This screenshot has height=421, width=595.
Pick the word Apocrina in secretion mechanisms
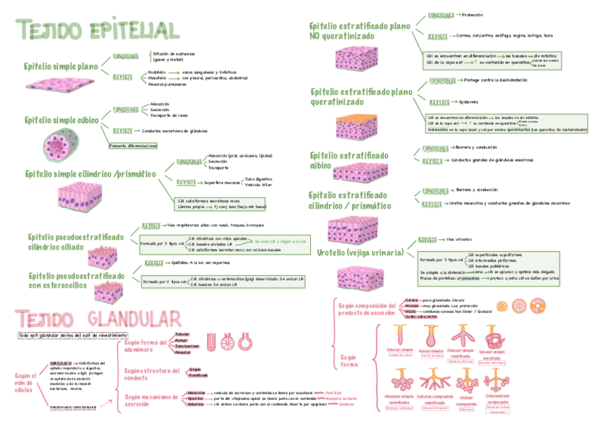coord(196,399)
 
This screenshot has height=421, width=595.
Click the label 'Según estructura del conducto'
coord(151,373)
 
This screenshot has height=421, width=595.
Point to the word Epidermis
coord(469,101)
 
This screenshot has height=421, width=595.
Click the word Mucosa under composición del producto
coord(412,306)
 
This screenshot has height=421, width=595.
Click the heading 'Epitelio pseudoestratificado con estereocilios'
coord(76,280)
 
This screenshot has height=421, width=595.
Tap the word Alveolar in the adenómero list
coord(183,352)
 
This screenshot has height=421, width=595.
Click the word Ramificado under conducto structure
coord(199,375)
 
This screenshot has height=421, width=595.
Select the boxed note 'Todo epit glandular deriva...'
coord(73,335)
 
